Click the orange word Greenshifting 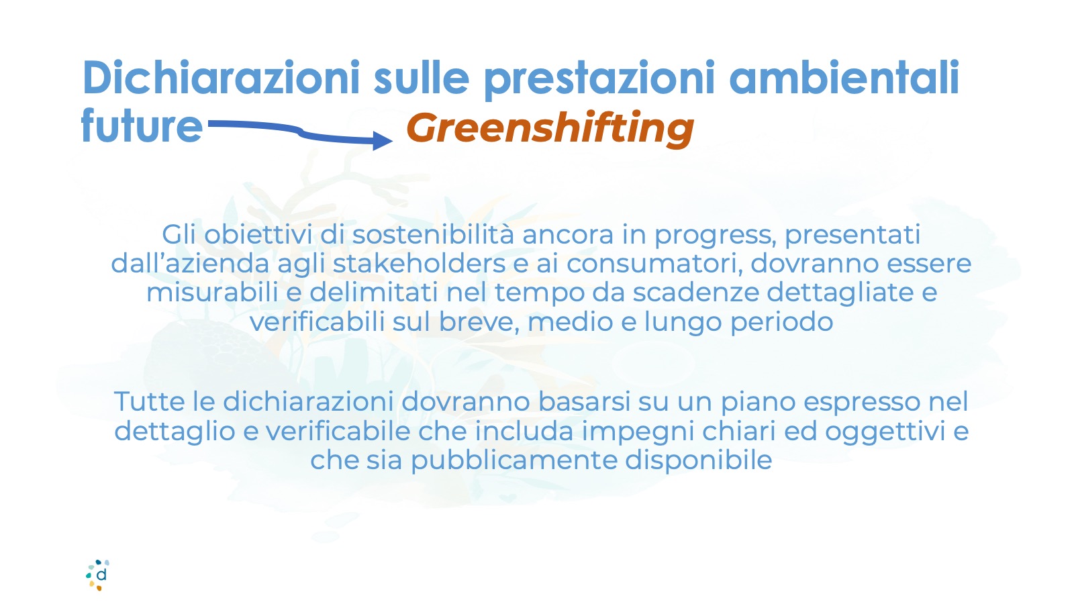[x=550, y=128]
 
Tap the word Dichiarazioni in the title [x=221, y=78]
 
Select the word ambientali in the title [x=844, y=78]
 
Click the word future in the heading [x=142, y=125]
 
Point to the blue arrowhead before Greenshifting [x=383, y=140]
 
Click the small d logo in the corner [x=98, y=574]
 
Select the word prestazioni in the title [x=599, y=80]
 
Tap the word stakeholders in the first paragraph [x=419, y=264]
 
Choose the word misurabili [x=212, y=293]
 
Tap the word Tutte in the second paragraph [x=149, y=402]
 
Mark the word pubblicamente [x=514, y=461]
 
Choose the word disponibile [x=699, y=461]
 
